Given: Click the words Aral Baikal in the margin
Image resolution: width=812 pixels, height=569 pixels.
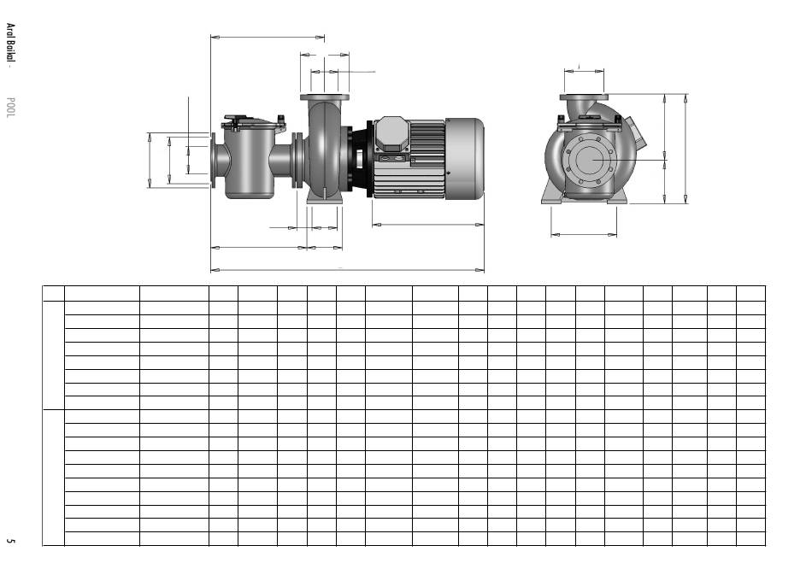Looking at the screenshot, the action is [x=10, y=43].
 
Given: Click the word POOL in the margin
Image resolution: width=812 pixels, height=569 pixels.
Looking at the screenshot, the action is [x=10, y=107].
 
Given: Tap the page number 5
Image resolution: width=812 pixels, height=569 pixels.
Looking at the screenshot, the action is [x=10, y=541].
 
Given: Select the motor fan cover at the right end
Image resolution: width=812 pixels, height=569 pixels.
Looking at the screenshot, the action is [x=464, y=158].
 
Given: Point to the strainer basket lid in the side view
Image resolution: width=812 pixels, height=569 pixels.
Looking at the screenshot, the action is [x=253, y=123].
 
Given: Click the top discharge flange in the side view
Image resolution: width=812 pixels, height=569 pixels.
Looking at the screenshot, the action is [x=325, y=97].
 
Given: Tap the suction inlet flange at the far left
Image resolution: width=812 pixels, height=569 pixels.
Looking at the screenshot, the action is [x=214, y=160].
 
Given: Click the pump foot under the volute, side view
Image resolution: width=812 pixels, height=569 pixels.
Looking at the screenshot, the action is [x=324, y=200].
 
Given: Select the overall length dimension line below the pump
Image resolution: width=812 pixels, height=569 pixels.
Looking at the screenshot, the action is [x=347, y=270].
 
